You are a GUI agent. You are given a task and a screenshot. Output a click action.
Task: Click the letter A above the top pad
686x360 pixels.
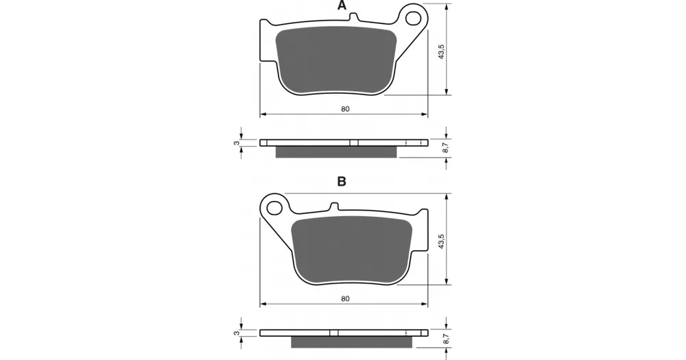pyautogui.click(x=342, y=5)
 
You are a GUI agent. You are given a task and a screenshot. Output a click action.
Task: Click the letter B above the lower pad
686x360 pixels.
pyautogui.click(x=342, y=182)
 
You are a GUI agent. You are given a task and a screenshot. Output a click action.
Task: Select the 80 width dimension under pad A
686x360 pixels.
pyautogui.click(x=345, y=109)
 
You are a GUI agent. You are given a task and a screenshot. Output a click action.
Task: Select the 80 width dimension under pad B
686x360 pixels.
pyautogui.click(x=345, y=299)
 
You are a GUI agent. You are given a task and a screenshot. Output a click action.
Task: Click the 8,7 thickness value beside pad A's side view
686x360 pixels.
pyautogui.click(x=445, y=148)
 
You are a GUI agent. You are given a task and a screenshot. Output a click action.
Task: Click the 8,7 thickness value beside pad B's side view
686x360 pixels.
pyautogui.click(x=445, y=338)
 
